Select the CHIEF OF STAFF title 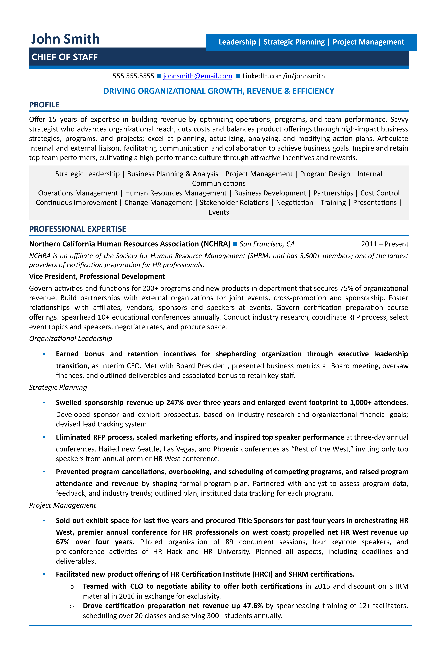point(65,57)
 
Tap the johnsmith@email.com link point(198,76)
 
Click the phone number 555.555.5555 point(133,76)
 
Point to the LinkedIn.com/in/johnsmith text point(284,76)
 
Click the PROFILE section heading point(44,105)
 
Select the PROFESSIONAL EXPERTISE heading point(78,229)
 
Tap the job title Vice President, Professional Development point(97,276)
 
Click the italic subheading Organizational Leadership point(70,338)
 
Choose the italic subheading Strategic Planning point(58,387)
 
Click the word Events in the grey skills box point(219,212)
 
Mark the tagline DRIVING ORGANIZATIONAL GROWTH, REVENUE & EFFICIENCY point(219,91)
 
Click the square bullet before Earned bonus point(44,354)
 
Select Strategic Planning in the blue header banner point(294,42)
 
